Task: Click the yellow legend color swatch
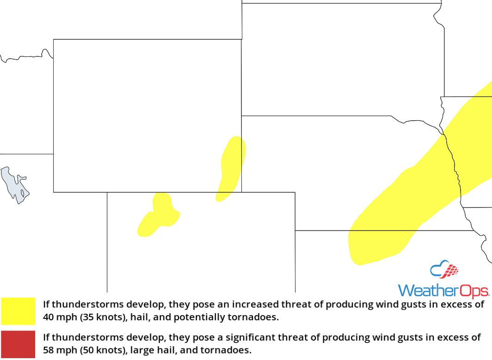click(18, 311)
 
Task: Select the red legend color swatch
click(18, 344)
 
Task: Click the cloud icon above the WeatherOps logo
click(444, 269)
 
